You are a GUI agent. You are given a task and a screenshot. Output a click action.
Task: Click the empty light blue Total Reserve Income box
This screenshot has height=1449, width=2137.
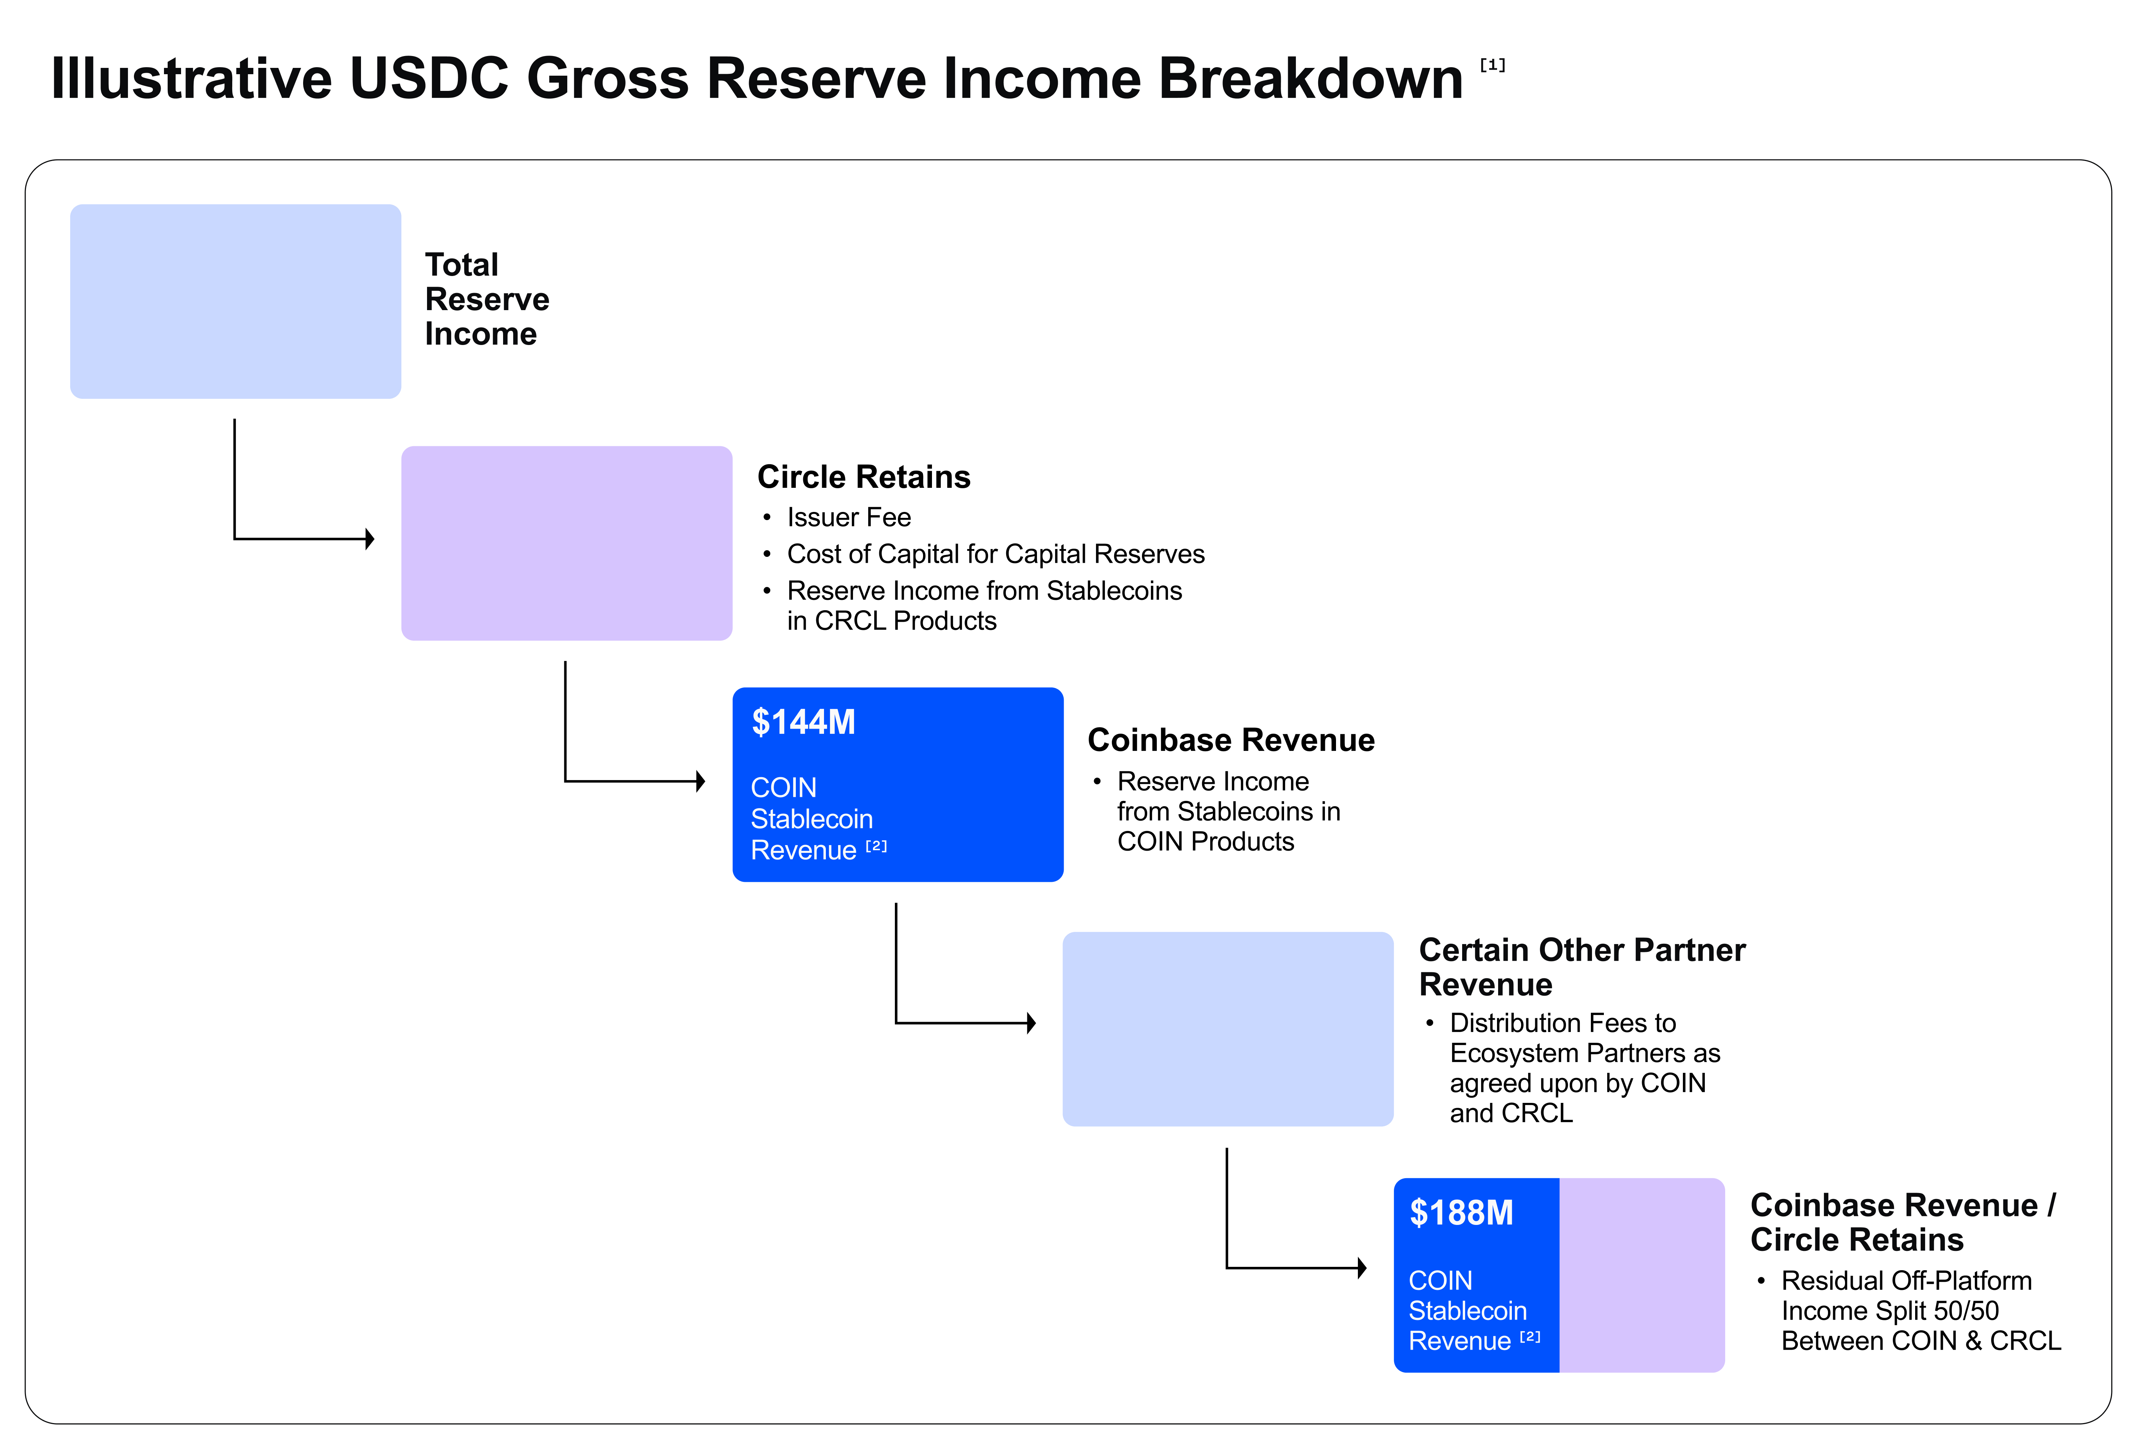235,302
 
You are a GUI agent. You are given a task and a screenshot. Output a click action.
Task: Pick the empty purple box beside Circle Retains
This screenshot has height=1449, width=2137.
567,543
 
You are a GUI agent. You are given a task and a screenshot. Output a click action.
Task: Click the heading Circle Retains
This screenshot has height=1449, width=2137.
863,477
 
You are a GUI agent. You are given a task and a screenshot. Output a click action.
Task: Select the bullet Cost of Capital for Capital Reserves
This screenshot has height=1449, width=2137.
995,554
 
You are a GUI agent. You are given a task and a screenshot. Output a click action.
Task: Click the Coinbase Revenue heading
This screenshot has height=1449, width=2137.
1230,740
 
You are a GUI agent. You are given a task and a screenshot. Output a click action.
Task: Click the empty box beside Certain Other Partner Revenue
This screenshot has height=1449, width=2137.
1228,1029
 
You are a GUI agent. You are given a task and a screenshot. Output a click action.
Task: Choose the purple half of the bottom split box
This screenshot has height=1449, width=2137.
1641,1275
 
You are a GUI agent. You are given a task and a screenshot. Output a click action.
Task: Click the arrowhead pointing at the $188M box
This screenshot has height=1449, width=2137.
1362,1269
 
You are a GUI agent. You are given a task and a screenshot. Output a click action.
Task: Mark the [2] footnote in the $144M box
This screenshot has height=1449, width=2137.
876,846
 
